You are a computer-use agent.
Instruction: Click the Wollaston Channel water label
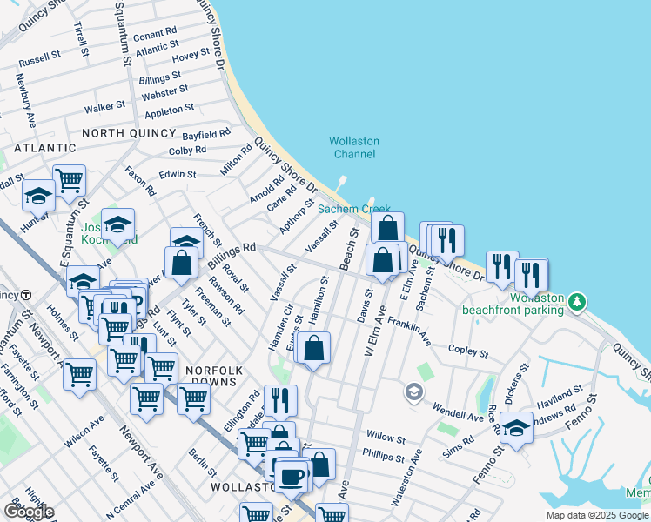[x=352, y=148]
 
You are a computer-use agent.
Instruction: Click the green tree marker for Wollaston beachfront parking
[x=576, y=303]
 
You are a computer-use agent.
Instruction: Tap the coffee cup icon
[x=292, y=477]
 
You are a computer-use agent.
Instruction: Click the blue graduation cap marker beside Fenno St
[x=516, y=429]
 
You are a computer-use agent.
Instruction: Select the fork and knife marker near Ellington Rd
[x=279, y=400]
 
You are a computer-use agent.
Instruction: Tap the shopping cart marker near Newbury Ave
[x=69, y=181]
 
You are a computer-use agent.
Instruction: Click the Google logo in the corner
[x=29, y=512]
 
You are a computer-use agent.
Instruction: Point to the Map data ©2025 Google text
[x=597, y=515]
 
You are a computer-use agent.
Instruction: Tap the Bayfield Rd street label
[x=206, y=135]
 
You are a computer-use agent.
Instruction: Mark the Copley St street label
[x=468, y=351]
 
